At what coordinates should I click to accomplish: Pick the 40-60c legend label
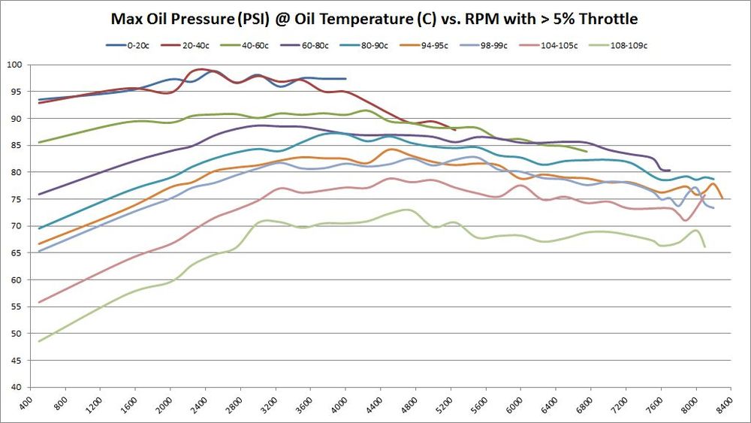(x=268, y=45)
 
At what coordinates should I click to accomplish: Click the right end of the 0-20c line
(x=345, y=78)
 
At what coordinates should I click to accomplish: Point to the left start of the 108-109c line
(x=38, y=341)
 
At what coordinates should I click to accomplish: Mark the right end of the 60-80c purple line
(x=669, y=171)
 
